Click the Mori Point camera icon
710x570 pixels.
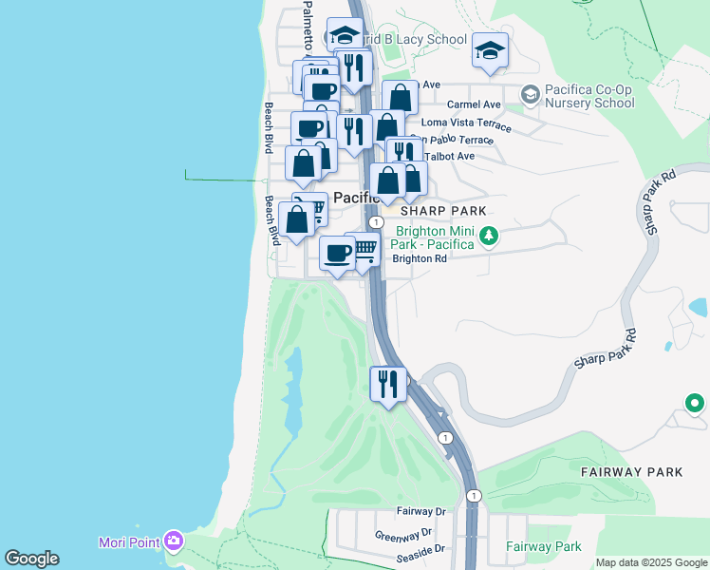(x=173, y=541)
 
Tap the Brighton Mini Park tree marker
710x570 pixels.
(x=488, y=235)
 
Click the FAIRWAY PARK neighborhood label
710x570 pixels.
(x=631, y=471)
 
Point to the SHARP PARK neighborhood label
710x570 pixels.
(x=443, y=211)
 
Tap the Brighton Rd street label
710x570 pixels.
(x=420, y=258)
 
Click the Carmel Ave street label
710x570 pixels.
(x=474, y=104)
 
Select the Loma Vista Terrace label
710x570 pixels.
(x=466, y=123)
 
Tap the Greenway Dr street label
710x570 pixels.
(x=403, y=534)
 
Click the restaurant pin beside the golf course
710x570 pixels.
(x=388, y=384)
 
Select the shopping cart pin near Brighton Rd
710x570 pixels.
(x=363, y=250)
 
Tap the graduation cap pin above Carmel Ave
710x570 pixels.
(x=490, y=51)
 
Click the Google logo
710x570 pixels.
(x=31, y=559)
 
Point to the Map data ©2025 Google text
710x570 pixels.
(x=652, y=562)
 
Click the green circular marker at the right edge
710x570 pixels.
(x=695, y=404)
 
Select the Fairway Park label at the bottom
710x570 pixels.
(x=543, y=546)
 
